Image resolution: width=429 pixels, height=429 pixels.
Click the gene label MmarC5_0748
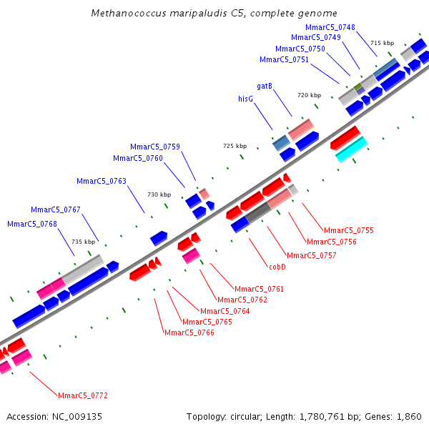coord(330,27)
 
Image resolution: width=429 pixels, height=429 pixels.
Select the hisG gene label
coord(246,99)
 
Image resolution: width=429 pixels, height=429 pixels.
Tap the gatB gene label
coord(265,86)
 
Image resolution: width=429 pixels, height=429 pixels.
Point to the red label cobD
coord(277,267)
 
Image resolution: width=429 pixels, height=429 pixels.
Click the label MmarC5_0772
coord(83,395)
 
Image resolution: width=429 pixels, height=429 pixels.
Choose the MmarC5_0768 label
coord(32,224)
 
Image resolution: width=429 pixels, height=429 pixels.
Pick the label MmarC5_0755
coord(349,230)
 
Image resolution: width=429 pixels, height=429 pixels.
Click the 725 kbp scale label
coord(235,146)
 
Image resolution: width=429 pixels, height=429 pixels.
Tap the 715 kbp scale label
coord(382,43)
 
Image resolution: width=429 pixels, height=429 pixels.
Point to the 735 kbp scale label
coord(83,242)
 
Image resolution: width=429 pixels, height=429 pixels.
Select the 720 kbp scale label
coord(309,95)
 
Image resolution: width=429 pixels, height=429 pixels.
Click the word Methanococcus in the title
coord(126,14)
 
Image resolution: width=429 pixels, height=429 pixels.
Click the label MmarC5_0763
coord(102,181)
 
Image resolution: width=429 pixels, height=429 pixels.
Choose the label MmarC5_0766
coord(189,332)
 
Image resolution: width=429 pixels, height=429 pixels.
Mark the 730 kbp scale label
coord(159,194)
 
